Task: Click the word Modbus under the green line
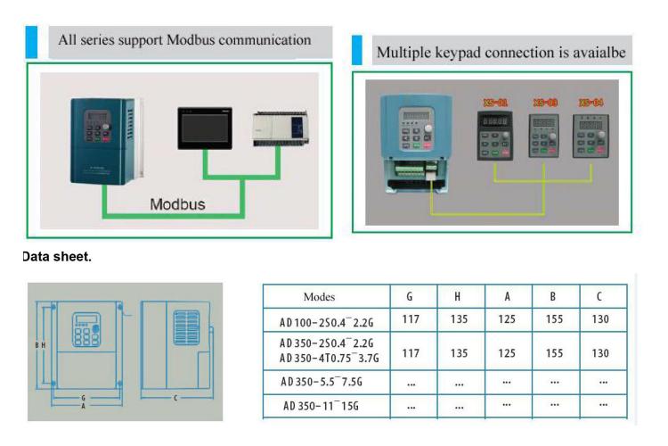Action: (177, 204)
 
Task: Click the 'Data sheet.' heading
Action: (57, 257)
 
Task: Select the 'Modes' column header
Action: (319, 297)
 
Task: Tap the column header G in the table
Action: (410, 297)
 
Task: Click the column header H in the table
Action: (458, 297)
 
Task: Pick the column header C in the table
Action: (600, 297)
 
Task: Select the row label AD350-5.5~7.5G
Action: (322, 381)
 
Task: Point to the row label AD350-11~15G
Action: (320, 406)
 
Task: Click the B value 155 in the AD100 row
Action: (554, 319)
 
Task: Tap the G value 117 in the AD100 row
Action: (411, 319)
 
